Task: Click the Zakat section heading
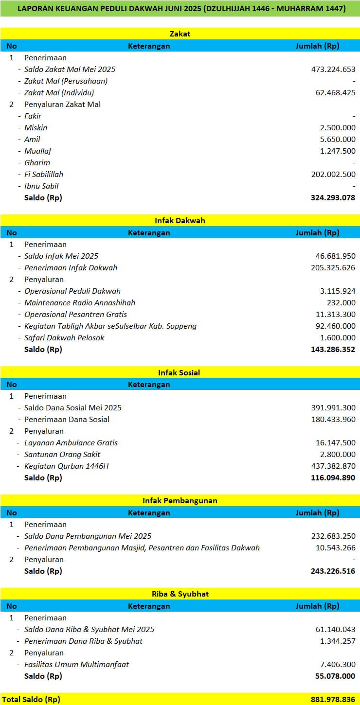[x=180, y=34]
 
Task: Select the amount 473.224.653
[x=333, y=70]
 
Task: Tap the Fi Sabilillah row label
[x=44, y=175]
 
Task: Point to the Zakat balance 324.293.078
[x=333, y=198]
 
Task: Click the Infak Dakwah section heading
[x=180, y=221]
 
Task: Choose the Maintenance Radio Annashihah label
[x=80, y=303]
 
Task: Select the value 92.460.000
[x=336, y=326]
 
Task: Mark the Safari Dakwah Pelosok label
[x=64, y=338]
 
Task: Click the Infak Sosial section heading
[x=180, y=373]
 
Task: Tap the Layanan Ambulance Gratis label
[x=71, y=443]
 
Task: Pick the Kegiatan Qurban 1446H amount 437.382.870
[x=333, y=466]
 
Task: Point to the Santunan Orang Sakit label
[x=62, y=455]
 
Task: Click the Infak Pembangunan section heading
[x=180, y=501]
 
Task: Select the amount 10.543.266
[x=336, y=548]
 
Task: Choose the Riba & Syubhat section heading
[x=180, y=594]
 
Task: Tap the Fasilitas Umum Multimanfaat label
[x=77, y=665]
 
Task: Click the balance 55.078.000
[x=336, y=676]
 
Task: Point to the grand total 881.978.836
[x=333, y=700]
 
